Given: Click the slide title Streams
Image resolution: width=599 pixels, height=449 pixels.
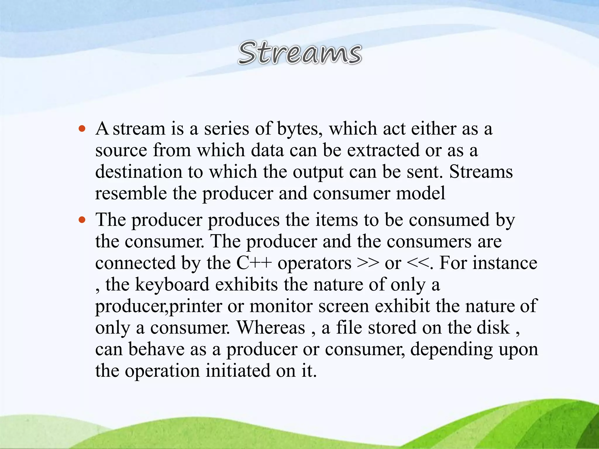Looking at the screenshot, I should [300, 53].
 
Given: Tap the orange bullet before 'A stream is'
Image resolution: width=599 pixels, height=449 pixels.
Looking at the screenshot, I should [82, 129].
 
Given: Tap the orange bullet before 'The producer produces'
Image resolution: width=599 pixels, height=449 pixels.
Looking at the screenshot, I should [82, 220].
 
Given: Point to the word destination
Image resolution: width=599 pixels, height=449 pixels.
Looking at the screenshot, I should [139, 172].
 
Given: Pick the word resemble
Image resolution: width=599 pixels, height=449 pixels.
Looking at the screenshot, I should [131, 193].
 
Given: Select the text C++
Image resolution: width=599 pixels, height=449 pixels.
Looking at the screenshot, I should [254, 263].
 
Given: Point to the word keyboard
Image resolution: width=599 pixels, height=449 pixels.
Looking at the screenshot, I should [172, 285].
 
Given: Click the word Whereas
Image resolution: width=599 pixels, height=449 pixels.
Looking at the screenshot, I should [271, 328].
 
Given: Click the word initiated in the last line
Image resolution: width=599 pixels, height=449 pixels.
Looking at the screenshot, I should [238, 371].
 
